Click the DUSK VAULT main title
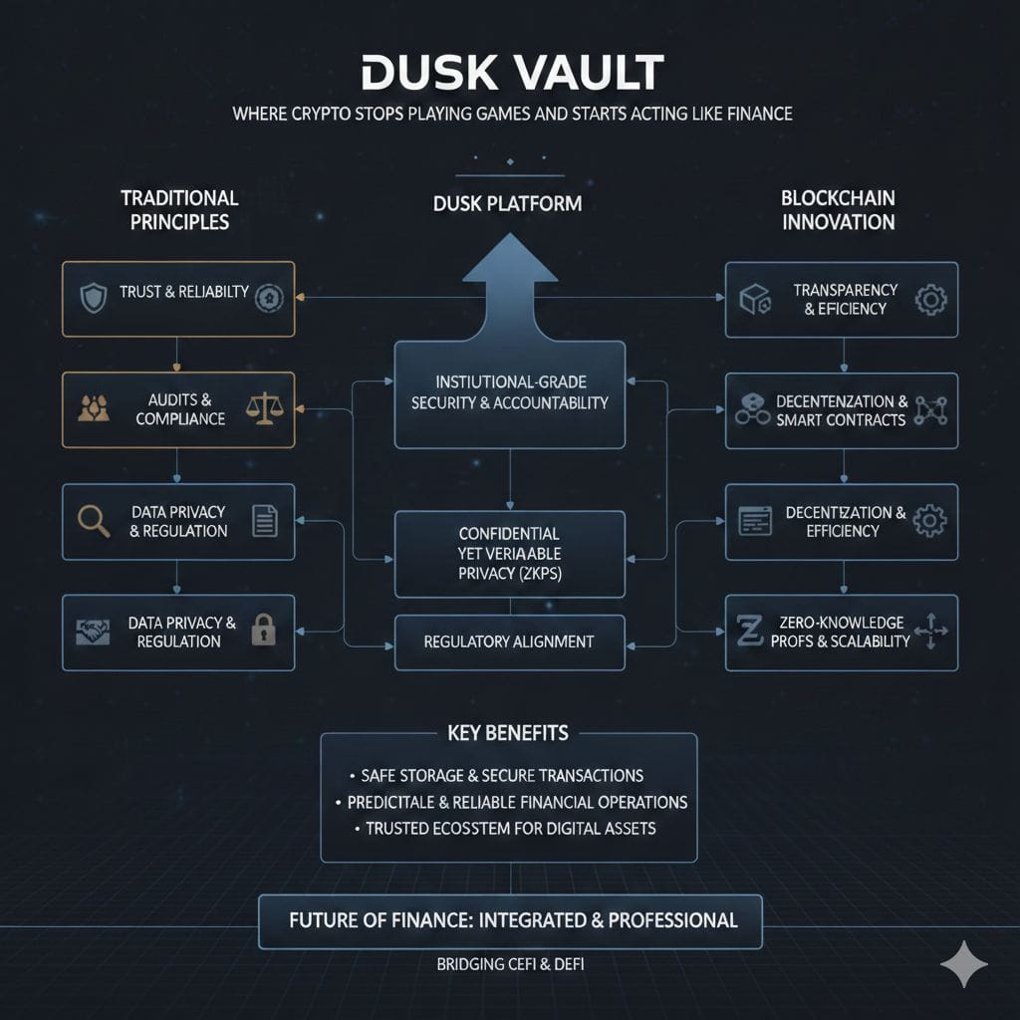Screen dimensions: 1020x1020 [x=511, y=76]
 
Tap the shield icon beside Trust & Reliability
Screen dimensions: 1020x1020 [x=93, y=297]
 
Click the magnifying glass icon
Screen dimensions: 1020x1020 [x=93, y=520]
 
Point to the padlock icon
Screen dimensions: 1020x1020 [x=263, y=631]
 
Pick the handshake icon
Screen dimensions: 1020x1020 [x=93, y=632]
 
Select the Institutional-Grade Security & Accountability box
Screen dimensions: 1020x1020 [x=509, y=393]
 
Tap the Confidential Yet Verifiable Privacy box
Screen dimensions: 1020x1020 [x=509, y=553]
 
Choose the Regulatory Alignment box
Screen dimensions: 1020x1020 [x=509, y=641]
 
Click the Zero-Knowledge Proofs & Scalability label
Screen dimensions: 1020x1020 [x=841, y=632]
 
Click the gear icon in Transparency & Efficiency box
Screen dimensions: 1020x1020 [x=929, y=299]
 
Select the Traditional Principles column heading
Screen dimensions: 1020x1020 [x=179, y=209]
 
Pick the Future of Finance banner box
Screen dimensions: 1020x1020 [x=509, y=920]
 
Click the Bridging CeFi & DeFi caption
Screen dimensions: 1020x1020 [x=509, y=964]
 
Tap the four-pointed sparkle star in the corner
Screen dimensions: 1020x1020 [x=963, y=964]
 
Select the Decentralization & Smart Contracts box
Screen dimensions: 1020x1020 [x=841, y=409]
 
